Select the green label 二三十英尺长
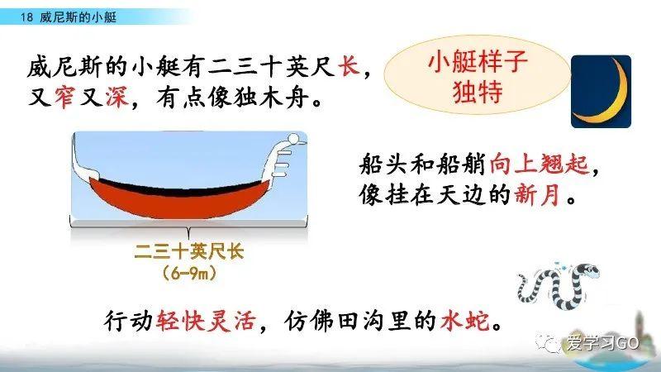[190, 253]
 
